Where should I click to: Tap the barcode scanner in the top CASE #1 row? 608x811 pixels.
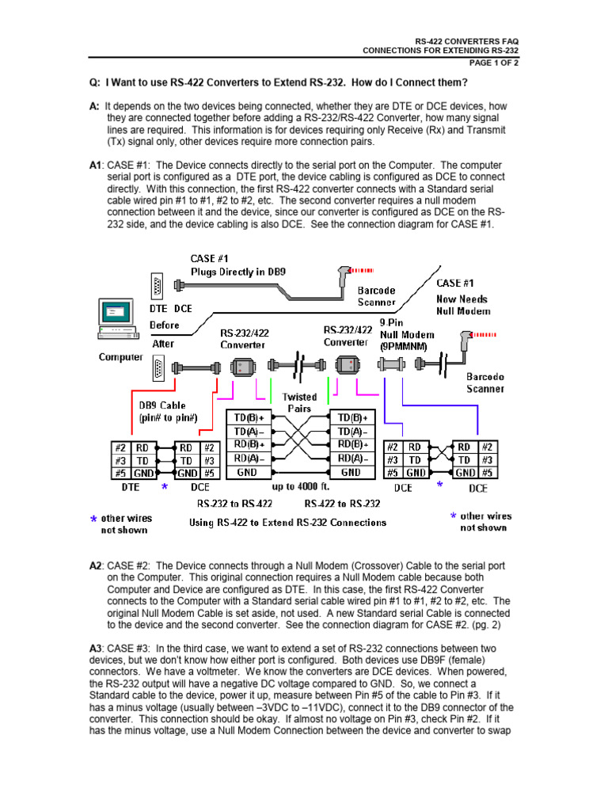(x=343, y=274)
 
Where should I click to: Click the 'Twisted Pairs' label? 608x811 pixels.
(x=299, y=402)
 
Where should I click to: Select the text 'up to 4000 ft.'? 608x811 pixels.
(x=300, y=486)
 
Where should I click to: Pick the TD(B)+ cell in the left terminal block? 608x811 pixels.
(x=247, y=417)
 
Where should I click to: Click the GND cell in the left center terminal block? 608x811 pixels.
(x=247, y=471)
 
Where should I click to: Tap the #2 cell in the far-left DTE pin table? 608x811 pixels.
(x=120, y=447)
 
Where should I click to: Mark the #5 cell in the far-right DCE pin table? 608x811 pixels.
(x=488, y=474)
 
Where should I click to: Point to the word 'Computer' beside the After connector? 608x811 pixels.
(x=120, y=356)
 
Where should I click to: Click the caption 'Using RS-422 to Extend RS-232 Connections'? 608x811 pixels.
(x=287, y=522)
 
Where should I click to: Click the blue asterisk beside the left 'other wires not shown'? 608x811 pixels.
(x=93, y=520)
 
